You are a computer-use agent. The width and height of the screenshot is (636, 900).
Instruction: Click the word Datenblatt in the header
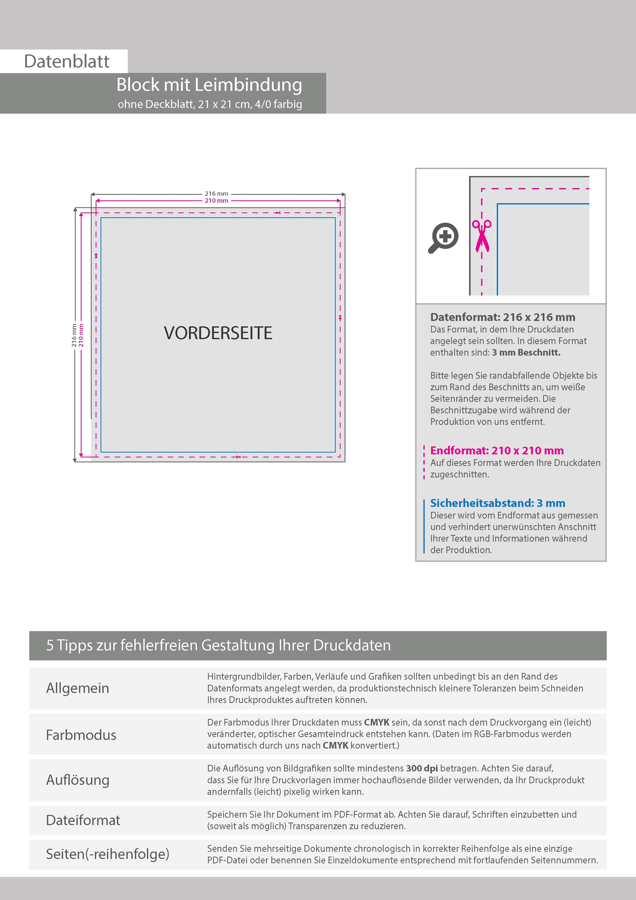[67, 62]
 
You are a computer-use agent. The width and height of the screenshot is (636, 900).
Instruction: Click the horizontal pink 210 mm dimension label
[216, 201]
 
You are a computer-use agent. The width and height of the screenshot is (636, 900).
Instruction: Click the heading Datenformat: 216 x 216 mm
[502, 317]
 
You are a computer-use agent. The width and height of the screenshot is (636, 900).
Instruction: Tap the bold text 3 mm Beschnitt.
[526, 353]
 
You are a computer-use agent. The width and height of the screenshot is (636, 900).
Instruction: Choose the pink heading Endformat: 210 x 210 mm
[496, 451]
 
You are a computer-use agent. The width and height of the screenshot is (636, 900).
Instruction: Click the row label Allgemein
[78, 688]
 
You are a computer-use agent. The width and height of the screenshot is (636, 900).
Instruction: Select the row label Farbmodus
[81, 735]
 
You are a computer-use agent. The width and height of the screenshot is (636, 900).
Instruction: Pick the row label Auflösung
[78, 780]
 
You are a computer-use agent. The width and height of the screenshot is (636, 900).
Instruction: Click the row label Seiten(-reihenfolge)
[107, 854]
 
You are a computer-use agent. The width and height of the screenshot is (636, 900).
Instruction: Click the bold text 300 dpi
[422, 768]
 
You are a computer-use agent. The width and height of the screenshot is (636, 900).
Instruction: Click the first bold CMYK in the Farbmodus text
[376, 722]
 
